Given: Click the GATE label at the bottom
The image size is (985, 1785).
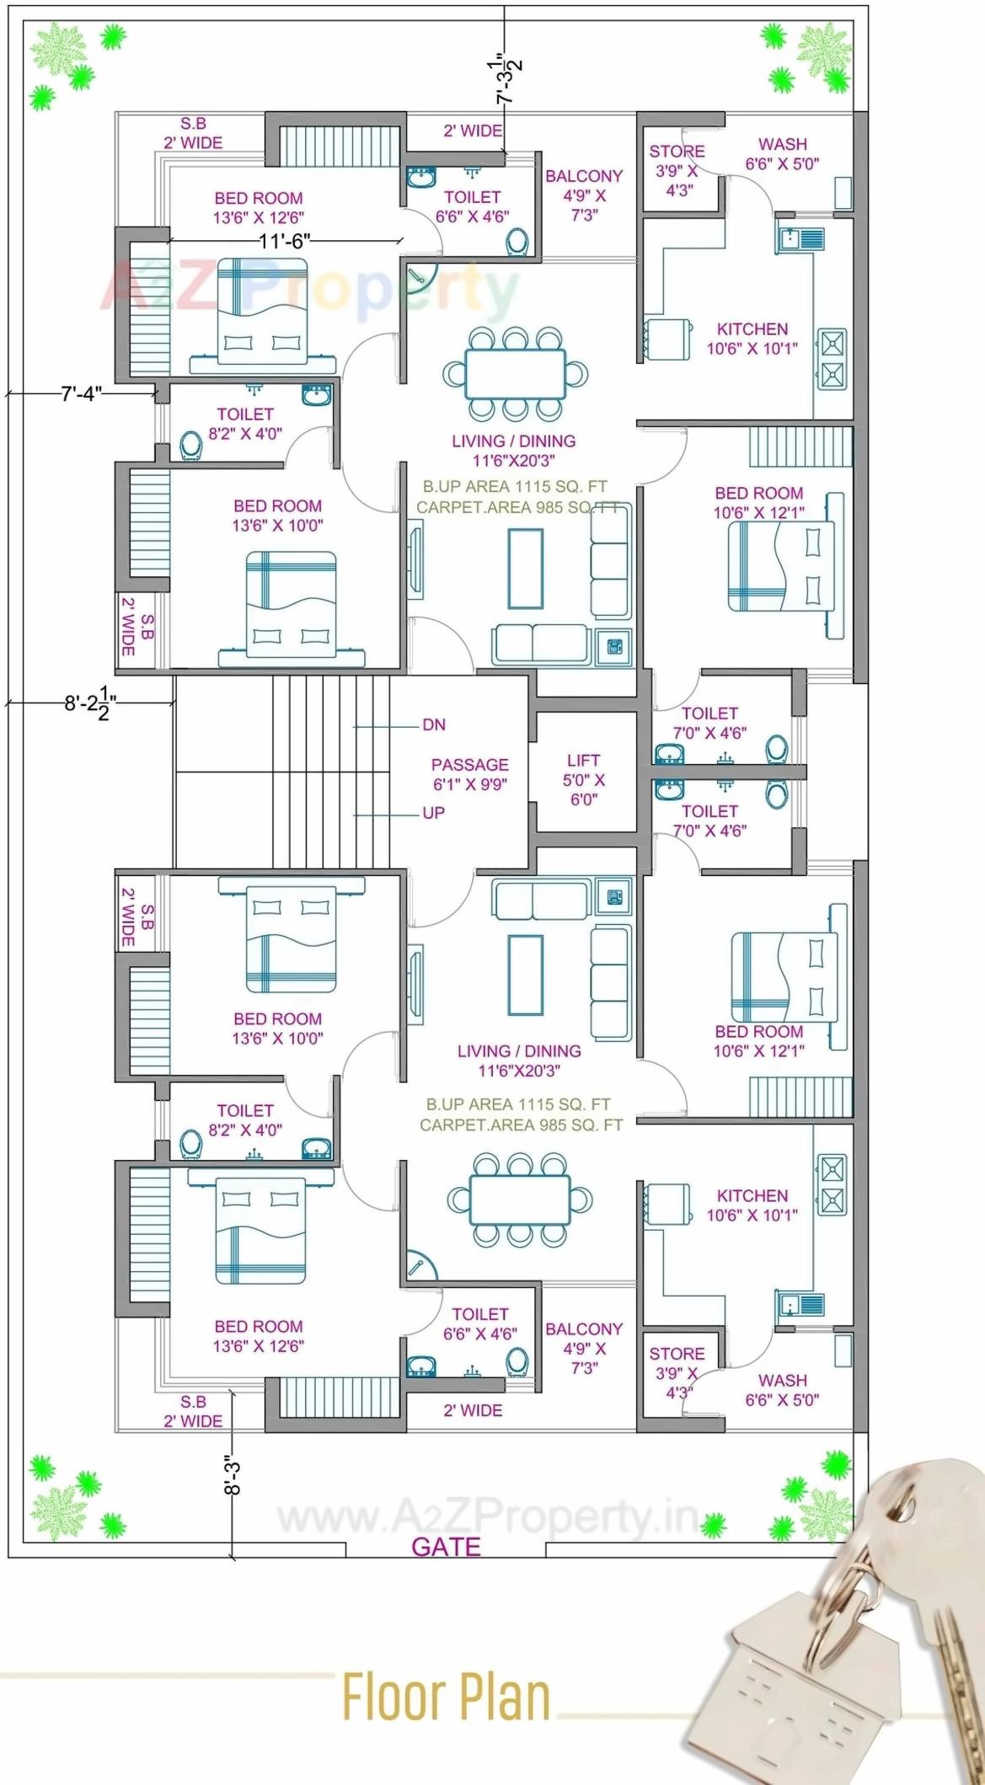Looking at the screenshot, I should [446, 1547].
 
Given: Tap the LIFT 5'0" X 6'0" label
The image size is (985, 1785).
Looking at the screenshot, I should [583, 780].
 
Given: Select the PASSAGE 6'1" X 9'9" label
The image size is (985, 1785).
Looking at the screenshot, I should [469, 774].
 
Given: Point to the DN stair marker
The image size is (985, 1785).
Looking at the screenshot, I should [434, 724].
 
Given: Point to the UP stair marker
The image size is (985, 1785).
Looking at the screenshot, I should [433, 813].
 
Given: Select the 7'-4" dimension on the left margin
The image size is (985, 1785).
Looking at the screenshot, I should [81, 393].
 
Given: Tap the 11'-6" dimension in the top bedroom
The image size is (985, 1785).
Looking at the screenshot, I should [284, 241].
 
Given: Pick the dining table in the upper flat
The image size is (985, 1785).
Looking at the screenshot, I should [515, 373].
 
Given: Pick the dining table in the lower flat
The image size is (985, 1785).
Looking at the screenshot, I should [519, 1200].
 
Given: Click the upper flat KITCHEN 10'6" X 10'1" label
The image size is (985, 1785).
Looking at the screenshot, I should [752, 338].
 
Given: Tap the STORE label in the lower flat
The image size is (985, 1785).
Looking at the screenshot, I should [677, 1353].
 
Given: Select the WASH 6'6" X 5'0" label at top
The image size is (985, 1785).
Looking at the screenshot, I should [782, 153].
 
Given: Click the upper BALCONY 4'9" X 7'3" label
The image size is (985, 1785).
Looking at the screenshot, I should [584, 195].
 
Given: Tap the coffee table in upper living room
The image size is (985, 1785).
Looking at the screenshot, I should [525, 568].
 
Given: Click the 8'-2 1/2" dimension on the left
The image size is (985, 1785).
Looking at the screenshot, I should [90, 703].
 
